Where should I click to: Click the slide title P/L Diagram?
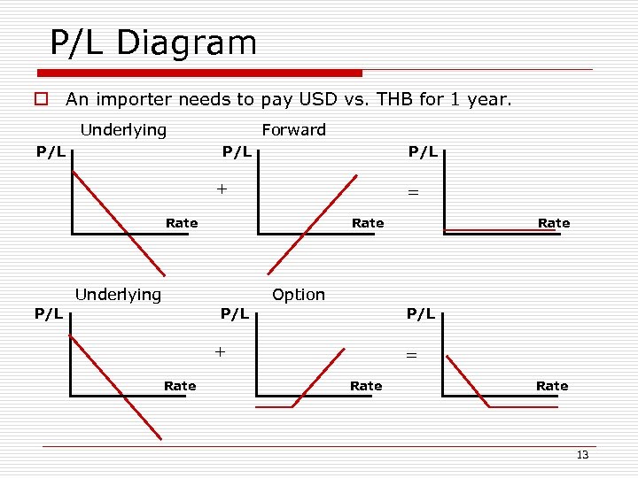click(x=152, y=42)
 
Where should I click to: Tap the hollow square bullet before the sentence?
click(x=40, y=100)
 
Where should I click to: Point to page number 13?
click(x=582, y=455)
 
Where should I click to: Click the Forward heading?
click(x=293, y=130)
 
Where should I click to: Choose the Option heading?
click(x=299, y=295)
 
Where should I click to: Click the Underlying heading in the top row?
click(x=123, y=130)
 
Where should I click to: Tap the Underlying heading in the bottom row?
click(x=118, y=295)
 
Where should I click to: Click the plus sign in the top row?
click(x=222, y=189)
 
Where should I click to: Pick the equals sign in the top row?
click(x=411, y=191)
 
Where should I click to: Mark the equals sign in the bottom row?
click(x=410, y=354)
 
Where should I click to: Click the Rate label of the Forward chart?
click(x=368, y=223)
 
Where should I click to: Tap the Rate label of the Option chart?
click(x=366, y=386)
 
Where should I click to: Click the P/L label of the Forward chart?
click(x=236, y=152)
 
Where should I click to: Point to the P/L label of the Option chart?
click(x=235, y=314)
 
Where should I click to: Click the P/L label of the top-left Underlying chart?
click(x=51, y=152)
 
